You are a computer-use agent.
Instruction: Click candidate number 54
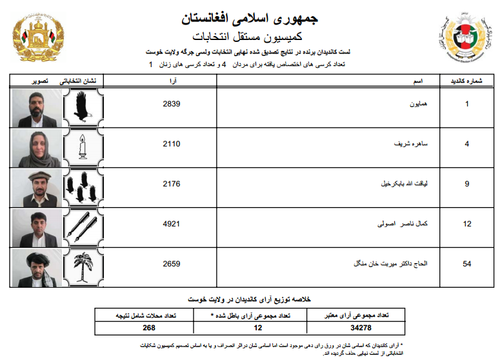point(467,264)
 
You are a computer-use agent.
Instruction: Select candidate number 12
point(467,224)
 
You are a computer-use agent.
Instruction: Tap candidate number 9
point(467,184)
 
